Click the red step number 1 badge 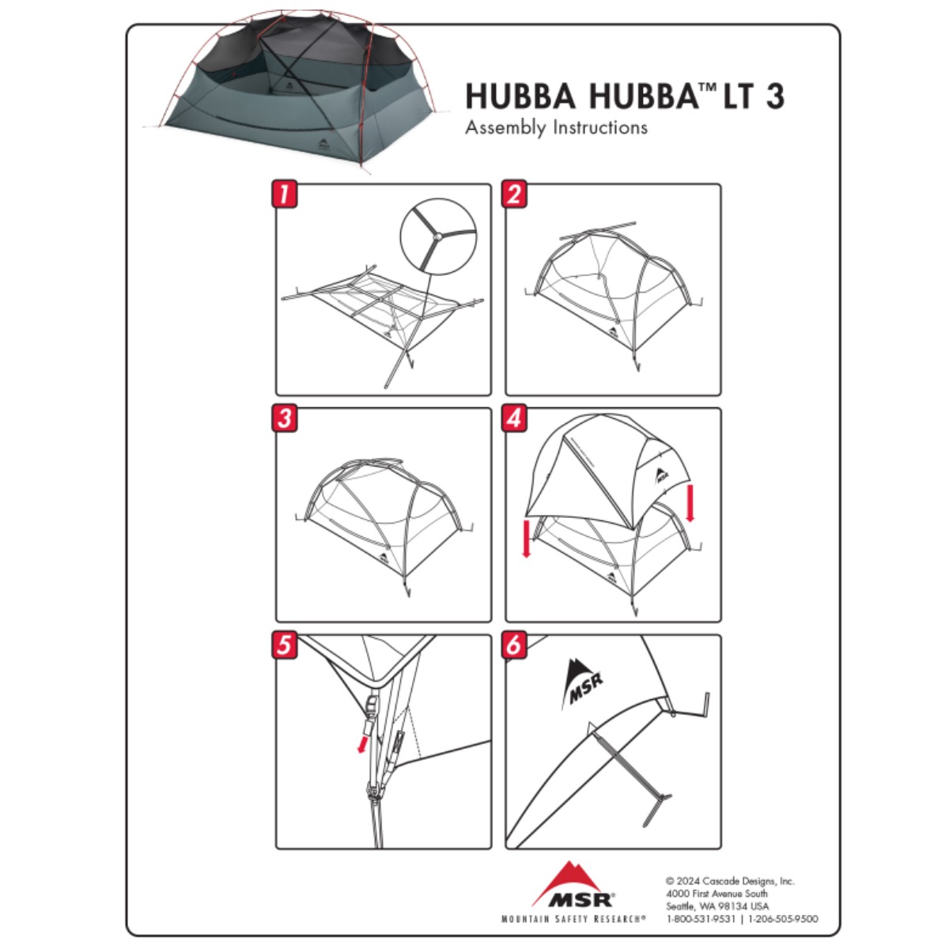point(285,194)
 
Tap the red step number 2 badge point(514,194)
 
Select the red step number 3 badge point(285,418)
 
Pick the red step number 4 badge point(514,418)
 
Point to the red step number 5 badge point(285,645)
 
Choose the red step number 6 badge point(514,645)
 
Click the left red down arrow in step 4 point(527,538)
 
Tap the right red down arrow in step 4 point(690,503)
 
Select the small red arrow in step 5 point(363,744)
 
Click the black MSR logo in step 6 point(582,682)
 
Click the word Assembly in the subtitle point(506,127)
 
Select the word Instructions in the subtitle point(600,127)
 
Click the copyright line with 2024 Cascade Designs point(730,881)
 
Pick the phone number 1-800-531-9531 point(701,919)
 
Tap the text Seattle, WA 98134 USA point(717,906)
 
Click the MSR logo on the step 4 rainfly point(661,475)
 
